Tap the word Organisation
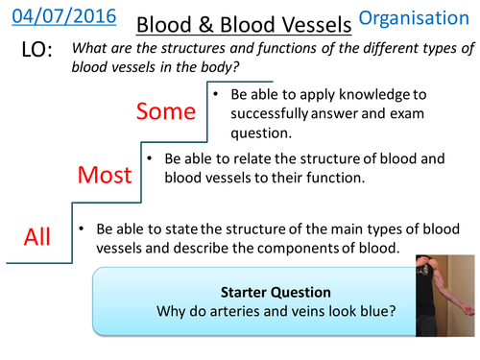tap(421, 18)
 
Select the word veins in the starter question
tap(329, 311)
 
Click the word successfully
tap(270, 114)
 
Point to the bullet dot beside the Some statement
tap(219, 96)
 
